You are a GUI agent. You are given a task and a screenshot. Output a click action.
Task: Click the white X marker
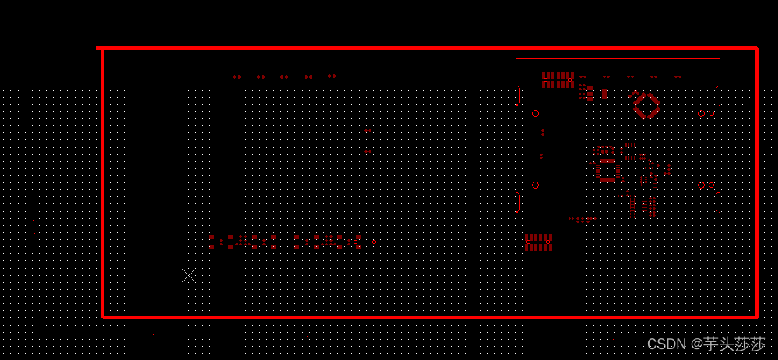188,275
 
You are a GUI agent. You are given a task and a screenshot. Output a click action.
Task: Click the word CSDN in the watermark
664,344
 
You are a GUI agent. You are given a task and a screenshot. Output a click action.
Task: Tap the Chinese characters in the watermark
734,344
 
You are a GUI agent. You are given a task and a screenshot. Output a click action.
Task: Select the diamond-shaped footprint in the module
646,104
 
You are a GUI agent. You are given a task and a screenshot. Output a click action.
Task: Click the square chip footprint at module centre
607,170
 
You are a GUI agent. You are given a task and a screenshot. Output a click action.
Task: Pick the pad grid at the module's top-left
558,79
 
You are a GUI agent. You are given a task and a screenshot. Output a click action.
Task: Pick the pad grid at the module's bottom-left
538,242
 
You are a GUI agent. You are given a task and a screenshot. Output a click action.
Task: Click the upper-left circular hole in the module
535,113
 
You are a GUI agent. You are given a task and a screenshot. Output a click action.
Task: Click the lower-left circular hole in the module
535,185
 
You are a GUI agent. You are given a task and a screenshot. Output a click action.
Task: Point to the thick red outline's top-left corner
103,49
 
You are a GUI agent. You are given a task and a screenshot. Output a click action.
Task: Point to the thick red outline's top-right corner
755,49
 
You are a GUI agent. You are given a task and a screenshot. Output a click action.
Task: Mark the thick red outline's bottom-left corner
103,316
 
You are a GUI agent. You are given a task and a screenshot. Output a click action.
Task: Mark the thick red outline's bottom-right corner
755,316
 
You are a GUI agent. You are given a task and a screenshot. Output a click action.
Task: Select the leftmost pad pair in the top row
237,77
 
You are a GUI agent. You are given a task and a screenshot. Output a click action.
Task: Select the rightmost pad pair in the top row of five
333,77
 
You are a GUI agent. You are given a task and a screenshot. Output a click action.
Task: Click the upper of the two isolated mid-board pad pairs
368,131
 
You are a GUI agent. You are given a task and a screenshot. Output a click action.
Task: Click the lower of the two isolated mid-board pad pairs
368,152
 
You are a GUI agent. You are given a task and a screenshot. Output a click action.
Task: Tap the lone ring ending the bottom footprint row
375,242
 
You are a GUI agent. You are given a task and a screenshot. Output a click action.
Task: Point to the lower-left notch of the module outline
519,202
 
